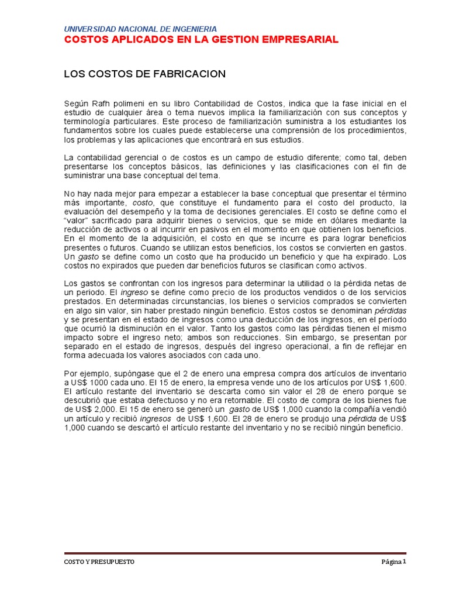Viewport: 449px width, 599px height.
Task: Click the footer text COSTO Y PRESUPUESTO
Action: pos(99,561)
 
